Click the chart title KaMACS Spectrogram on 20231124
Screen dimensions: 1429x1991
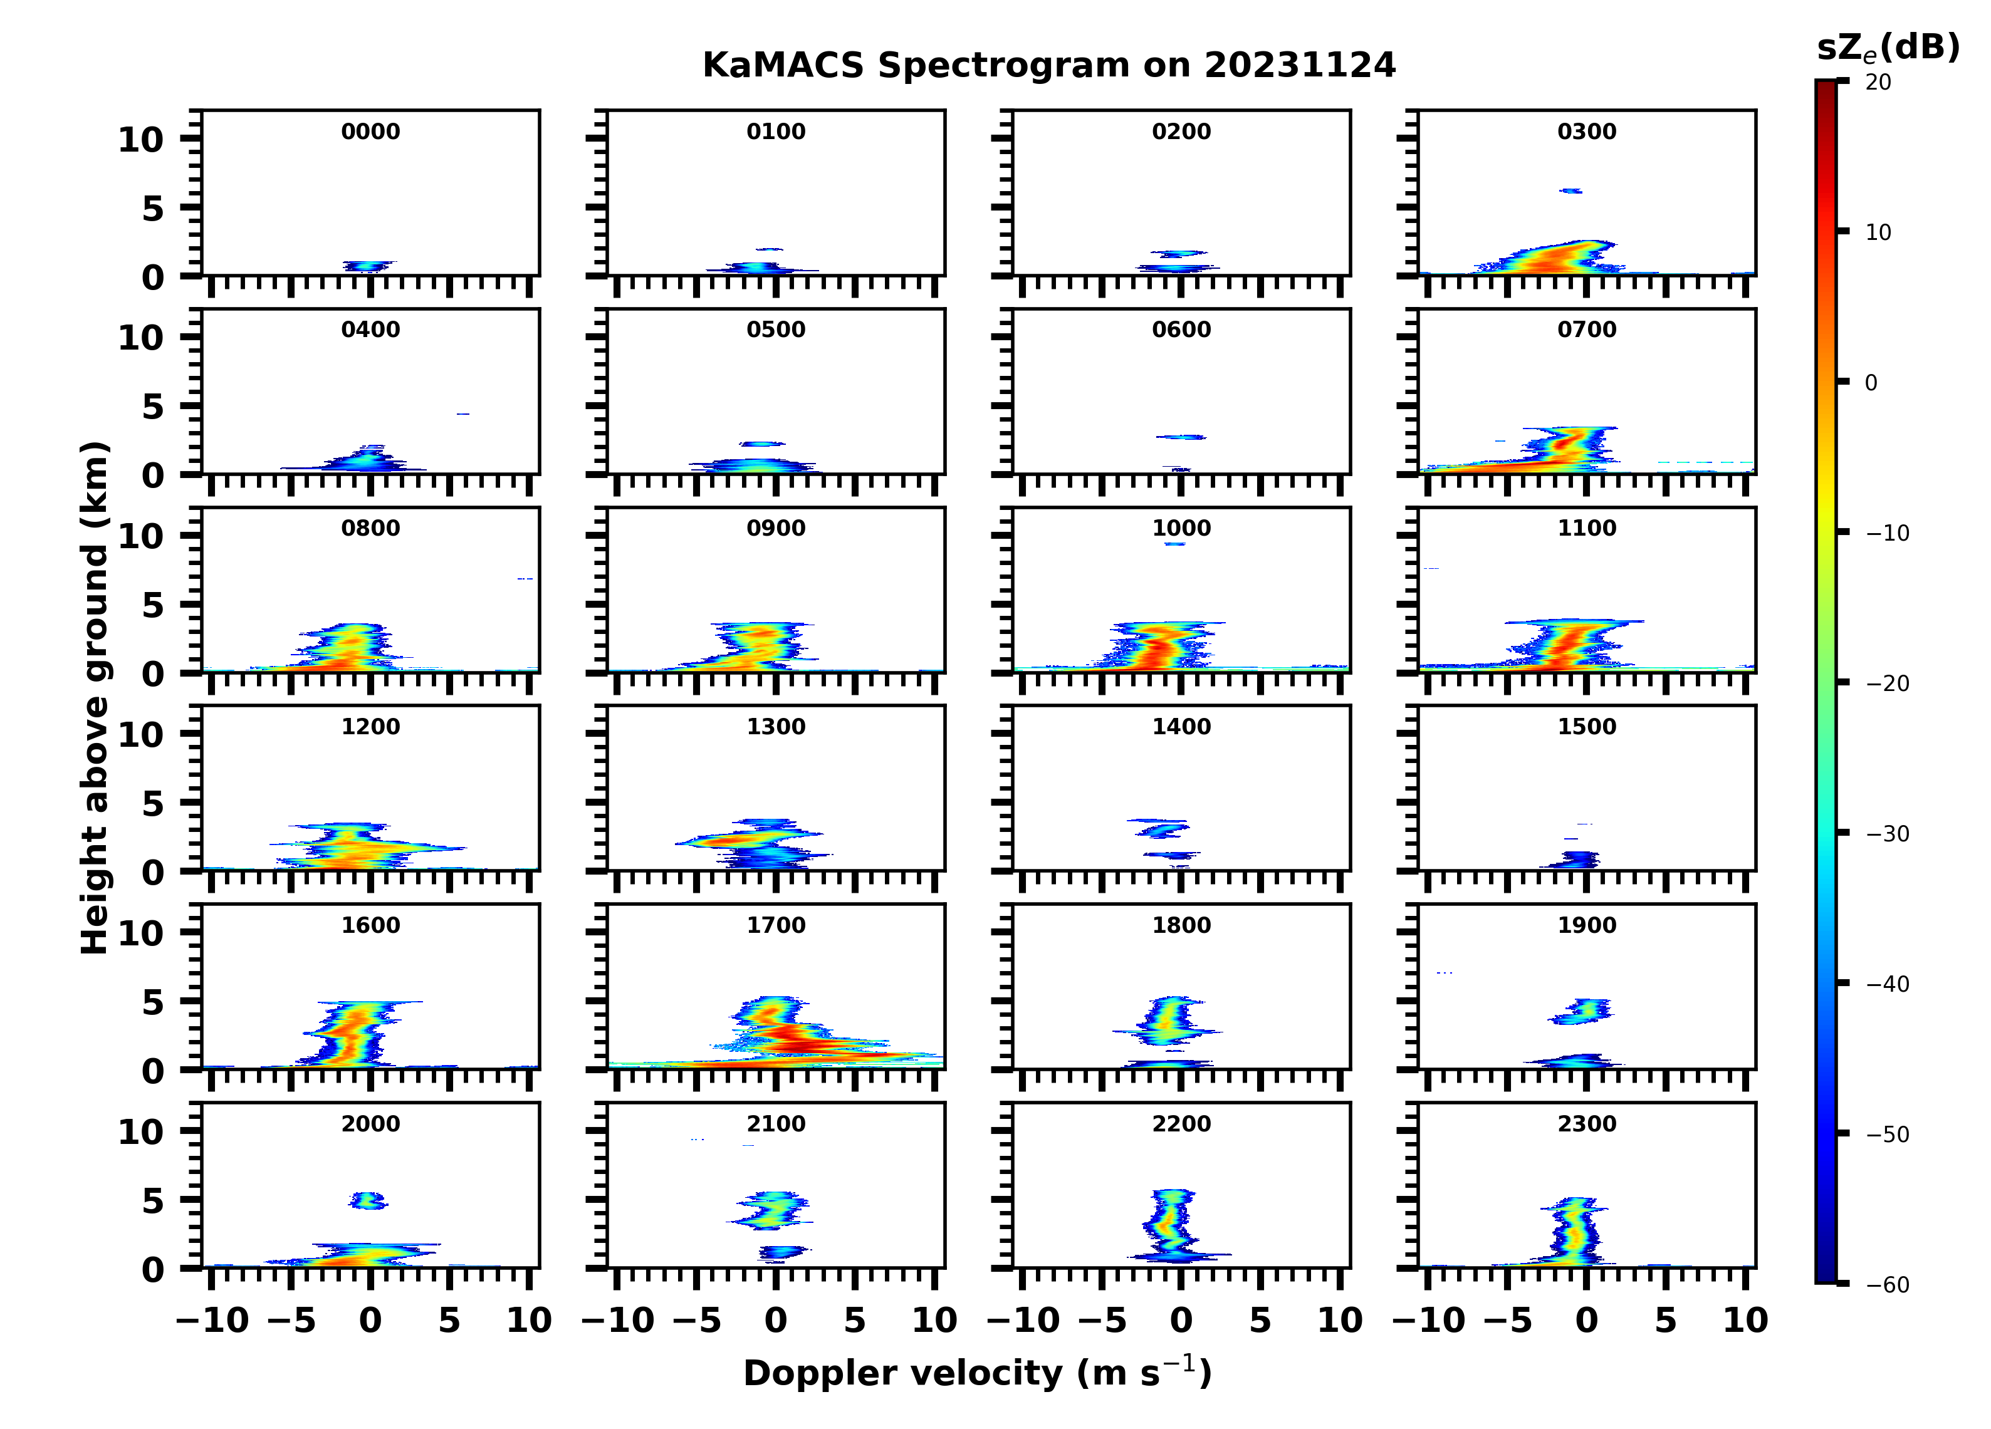point(1048,65)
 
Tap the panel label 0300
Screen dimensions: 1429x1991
point(1586,132)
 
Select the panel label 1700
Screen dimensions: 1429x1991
point(776,925)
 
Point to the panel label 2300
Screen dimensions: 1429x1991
point(1586,1123)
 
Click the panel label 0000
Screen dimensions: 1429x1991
point(370,132)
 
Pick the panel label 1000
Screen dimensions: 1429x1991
point(1181,528)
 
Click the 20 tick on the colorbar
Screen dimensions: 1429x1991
point(1878,81)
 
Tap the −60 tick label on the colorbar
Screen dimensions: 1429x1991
point(1888,1285)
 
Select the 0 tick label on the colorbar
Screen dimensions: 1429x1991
point(1871,383)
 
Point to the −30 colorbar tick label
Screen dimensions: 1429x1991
point(1888,834)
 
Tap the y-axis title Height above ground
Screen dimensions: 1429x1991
point(95,698)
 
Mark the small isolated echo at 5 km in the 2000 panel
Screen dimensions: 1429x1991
point(368,1200)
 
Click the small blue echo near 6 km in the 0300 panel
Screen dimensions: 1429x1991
point(1570,190)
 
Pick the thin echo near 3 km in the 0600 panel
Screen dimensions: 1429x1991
point(1181,436)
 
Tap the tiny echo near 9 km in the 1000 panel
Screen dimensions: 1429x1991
point(1174,544)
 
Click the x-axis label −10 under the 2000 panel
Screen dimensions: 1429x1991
point(213,1320)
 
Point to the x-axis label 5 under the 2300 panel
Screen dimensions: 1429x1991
point(1665,1320)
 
